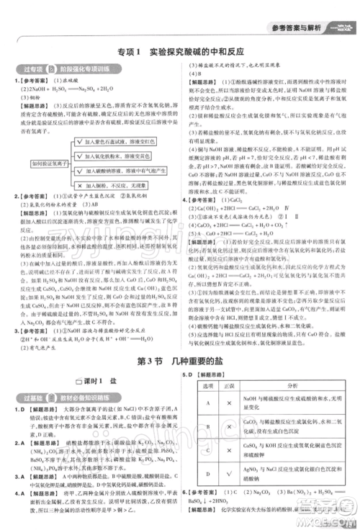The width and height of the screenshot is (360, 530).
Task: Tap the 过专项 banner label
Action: (27, 70)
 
